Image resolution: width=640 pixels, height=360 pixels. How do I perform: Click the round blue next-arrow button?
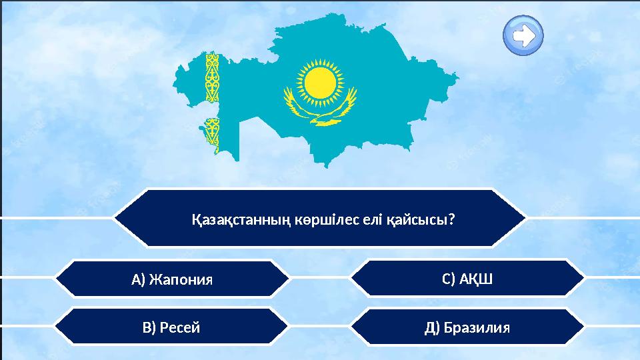(523, 35)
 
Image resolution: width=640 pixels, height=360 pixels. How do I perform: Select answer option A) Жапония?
(172, 279)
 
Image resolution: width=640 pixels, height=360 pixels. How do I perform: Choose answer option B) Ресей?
(171, 327)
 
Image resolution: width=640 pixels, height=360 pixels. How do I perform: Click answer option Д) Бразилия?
(467, 327)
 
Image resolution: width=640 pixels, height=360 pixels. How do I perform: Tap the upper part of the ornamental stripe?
(212, 77)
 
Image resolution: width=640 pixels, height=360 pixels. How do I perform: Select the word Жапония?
(181, 279)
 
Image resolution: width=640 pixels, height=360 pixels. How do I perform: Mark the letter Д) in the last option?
(432, 327)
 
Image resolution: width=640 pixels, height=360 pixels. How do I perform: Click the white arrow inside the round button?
(524, 35)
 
